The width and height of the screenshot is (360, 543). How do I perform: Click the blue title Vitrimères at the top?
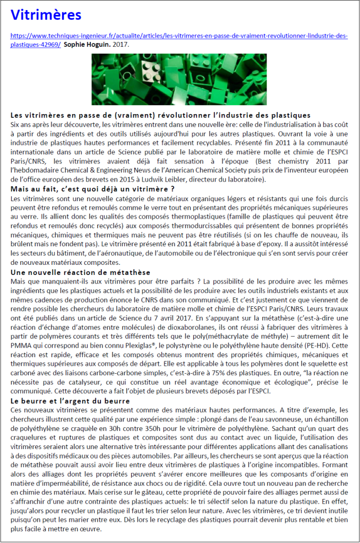pyautogui.click(x=46, y=15)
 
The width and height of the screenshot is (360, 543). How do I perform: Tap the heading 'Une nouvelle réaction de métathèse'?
pyautogui.click(x=80, y=272)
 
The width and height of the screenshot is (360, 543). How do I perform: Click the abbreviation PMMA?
pyautogui.click(x=22, y=346)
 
